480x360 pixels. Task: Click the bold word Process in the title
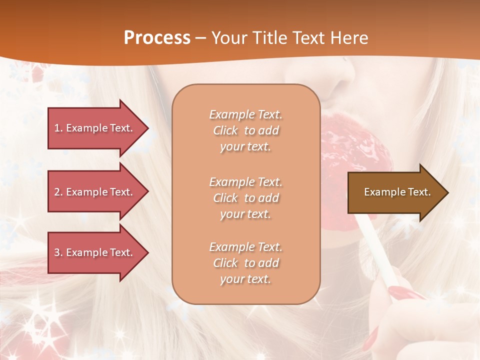click(x=157, y=38)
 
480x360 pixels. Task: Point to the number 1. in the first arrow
click(x=58, y=128)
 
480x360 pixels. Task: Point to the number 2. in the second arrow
click(x=58, y=192)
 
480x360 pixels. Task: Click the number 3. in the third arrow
click(x=58, y=252)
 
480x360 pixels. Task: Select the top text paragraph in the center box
click(x=245, y=130)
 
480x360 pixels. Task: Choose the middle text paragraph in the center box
click(x=245, y=198)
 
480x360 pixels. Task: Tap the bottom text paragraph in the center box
click(x=245, y=263)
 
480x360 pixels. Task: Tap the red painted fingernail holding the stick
click(x=400, y=292)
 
